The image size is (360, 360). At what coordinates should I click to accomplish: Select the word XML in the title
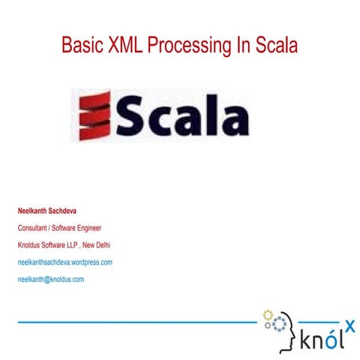point(122,46)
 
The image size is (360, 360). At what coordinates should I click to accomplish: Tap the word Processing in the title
point(184,46)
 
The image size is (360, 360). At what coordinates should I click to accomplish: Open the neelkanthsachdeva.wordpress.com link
point(64,262)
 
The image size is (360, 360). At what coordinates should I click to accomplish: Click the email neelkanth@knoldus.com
point(50,280)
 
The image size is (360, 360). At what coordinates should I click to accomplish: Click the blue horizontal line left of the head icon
point(135,322)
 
